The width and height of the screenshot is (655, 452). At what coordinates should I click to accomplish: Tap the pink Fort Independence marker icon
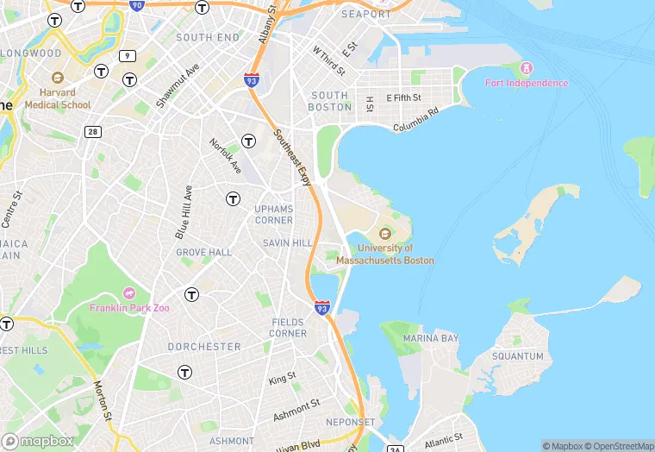[x=527, y=68]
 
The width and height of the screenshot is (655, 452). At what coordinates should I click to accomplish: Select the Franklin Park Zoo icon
[x=130, y=294]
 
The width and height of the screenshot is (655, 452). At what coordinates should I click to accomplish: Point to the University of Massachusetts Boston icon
[x=384, y=233]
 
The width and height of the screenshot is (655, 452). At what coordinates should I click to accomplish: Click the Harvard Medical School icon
[x=58, y=78]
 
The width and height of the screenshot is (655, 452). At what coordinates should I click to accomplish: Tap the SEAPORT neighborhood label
[x=365, y=15]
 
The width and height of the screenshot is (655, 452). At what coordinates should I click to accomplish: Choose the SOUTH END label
[x=208, y=38]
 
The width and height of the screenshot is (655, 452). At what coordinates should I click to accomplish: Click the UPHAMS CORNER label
[x=274, y=214]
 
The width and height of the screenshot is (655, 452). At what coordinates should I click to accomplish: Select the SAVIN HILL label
[x=287, y=243]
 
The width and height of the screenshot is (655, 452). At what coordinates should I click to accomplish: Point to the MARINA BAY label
[x=431, y=338]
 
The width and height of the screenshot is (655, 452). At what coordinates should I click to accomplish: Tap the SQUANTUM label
[x=518, y=356]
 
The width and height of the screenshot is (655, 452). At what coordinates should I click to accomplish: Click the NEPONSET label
[x=350, y=423]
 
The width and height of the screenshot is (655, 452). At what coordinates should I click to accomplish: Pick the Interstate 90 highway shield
[x=137, y=4]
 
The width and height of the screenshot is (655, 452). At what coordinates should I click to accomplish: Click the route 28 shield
[x=92, y=131]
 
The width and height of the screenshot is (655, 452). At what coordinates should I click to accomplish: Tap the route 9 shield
[x=128, y=56]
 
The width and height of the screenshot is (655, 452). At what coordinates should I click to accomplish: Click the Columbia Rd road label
[x=416, y=119]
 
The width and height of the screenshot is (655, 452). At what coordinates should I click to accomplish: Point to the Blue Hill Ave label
[x=183, y=212]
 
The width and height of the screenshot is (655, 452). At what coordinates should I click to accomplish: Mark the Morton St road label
[x=103, y=401]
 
